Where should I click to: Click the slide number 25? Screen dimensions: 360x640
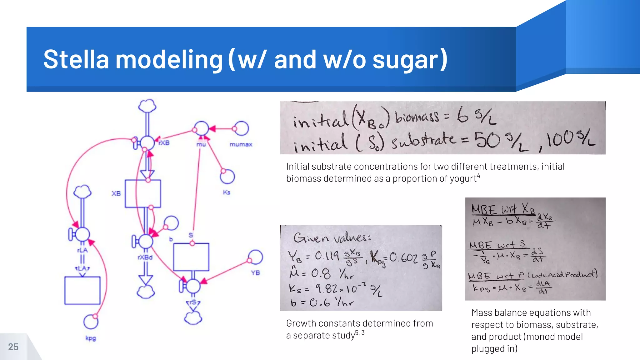(13, 347)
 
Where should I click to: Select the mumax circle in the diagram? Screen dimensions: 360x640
(241, 128)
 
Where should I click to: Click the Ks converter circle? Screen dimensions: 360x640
(227, 177)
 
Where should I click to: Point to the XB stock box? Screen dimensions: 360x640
(143, 193)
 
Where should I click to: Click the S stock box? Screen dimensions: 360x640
(191, 257)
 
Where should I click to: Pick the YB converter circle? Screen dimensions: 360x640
(256, 257)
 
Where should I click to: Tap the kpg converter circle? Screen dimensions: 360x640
(91, 322)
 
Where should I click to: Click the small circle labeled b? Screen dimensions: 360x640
(171, 223)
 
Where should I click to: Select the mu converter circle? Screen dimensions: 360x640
(201, 128)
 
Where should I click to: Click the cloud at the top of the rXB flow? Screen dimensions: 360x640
(147, 106)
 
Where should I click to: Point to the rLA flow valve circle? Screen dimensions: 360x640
(82, 234)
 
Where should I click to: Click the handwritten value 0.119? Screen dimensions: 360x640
(327, 256)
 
